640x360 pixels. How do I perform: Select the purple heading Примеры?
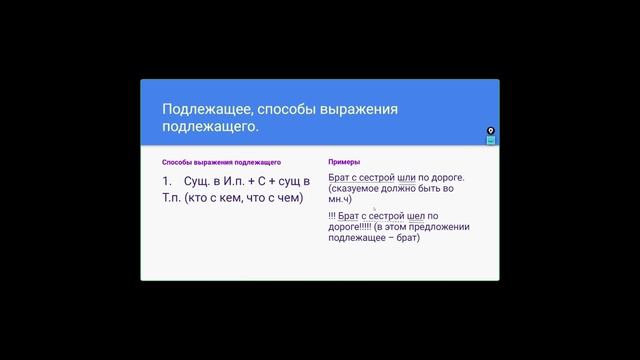[x=344, y=162]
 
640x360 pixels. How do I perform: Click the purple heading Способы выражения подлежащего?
[x=221, y=162]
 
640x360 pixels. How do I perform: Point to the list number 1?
[x=167, y=182]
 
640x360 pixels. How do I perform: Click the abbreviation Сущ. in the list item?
[x=199, y=182]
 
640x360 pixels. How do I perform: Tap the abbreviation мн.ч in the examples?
[x=339, y=199]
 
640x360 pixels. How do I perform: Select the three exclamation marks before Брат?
[x=331, y=215]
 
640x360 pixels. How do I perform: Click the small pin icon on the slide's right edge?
[x=491, y=131]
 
